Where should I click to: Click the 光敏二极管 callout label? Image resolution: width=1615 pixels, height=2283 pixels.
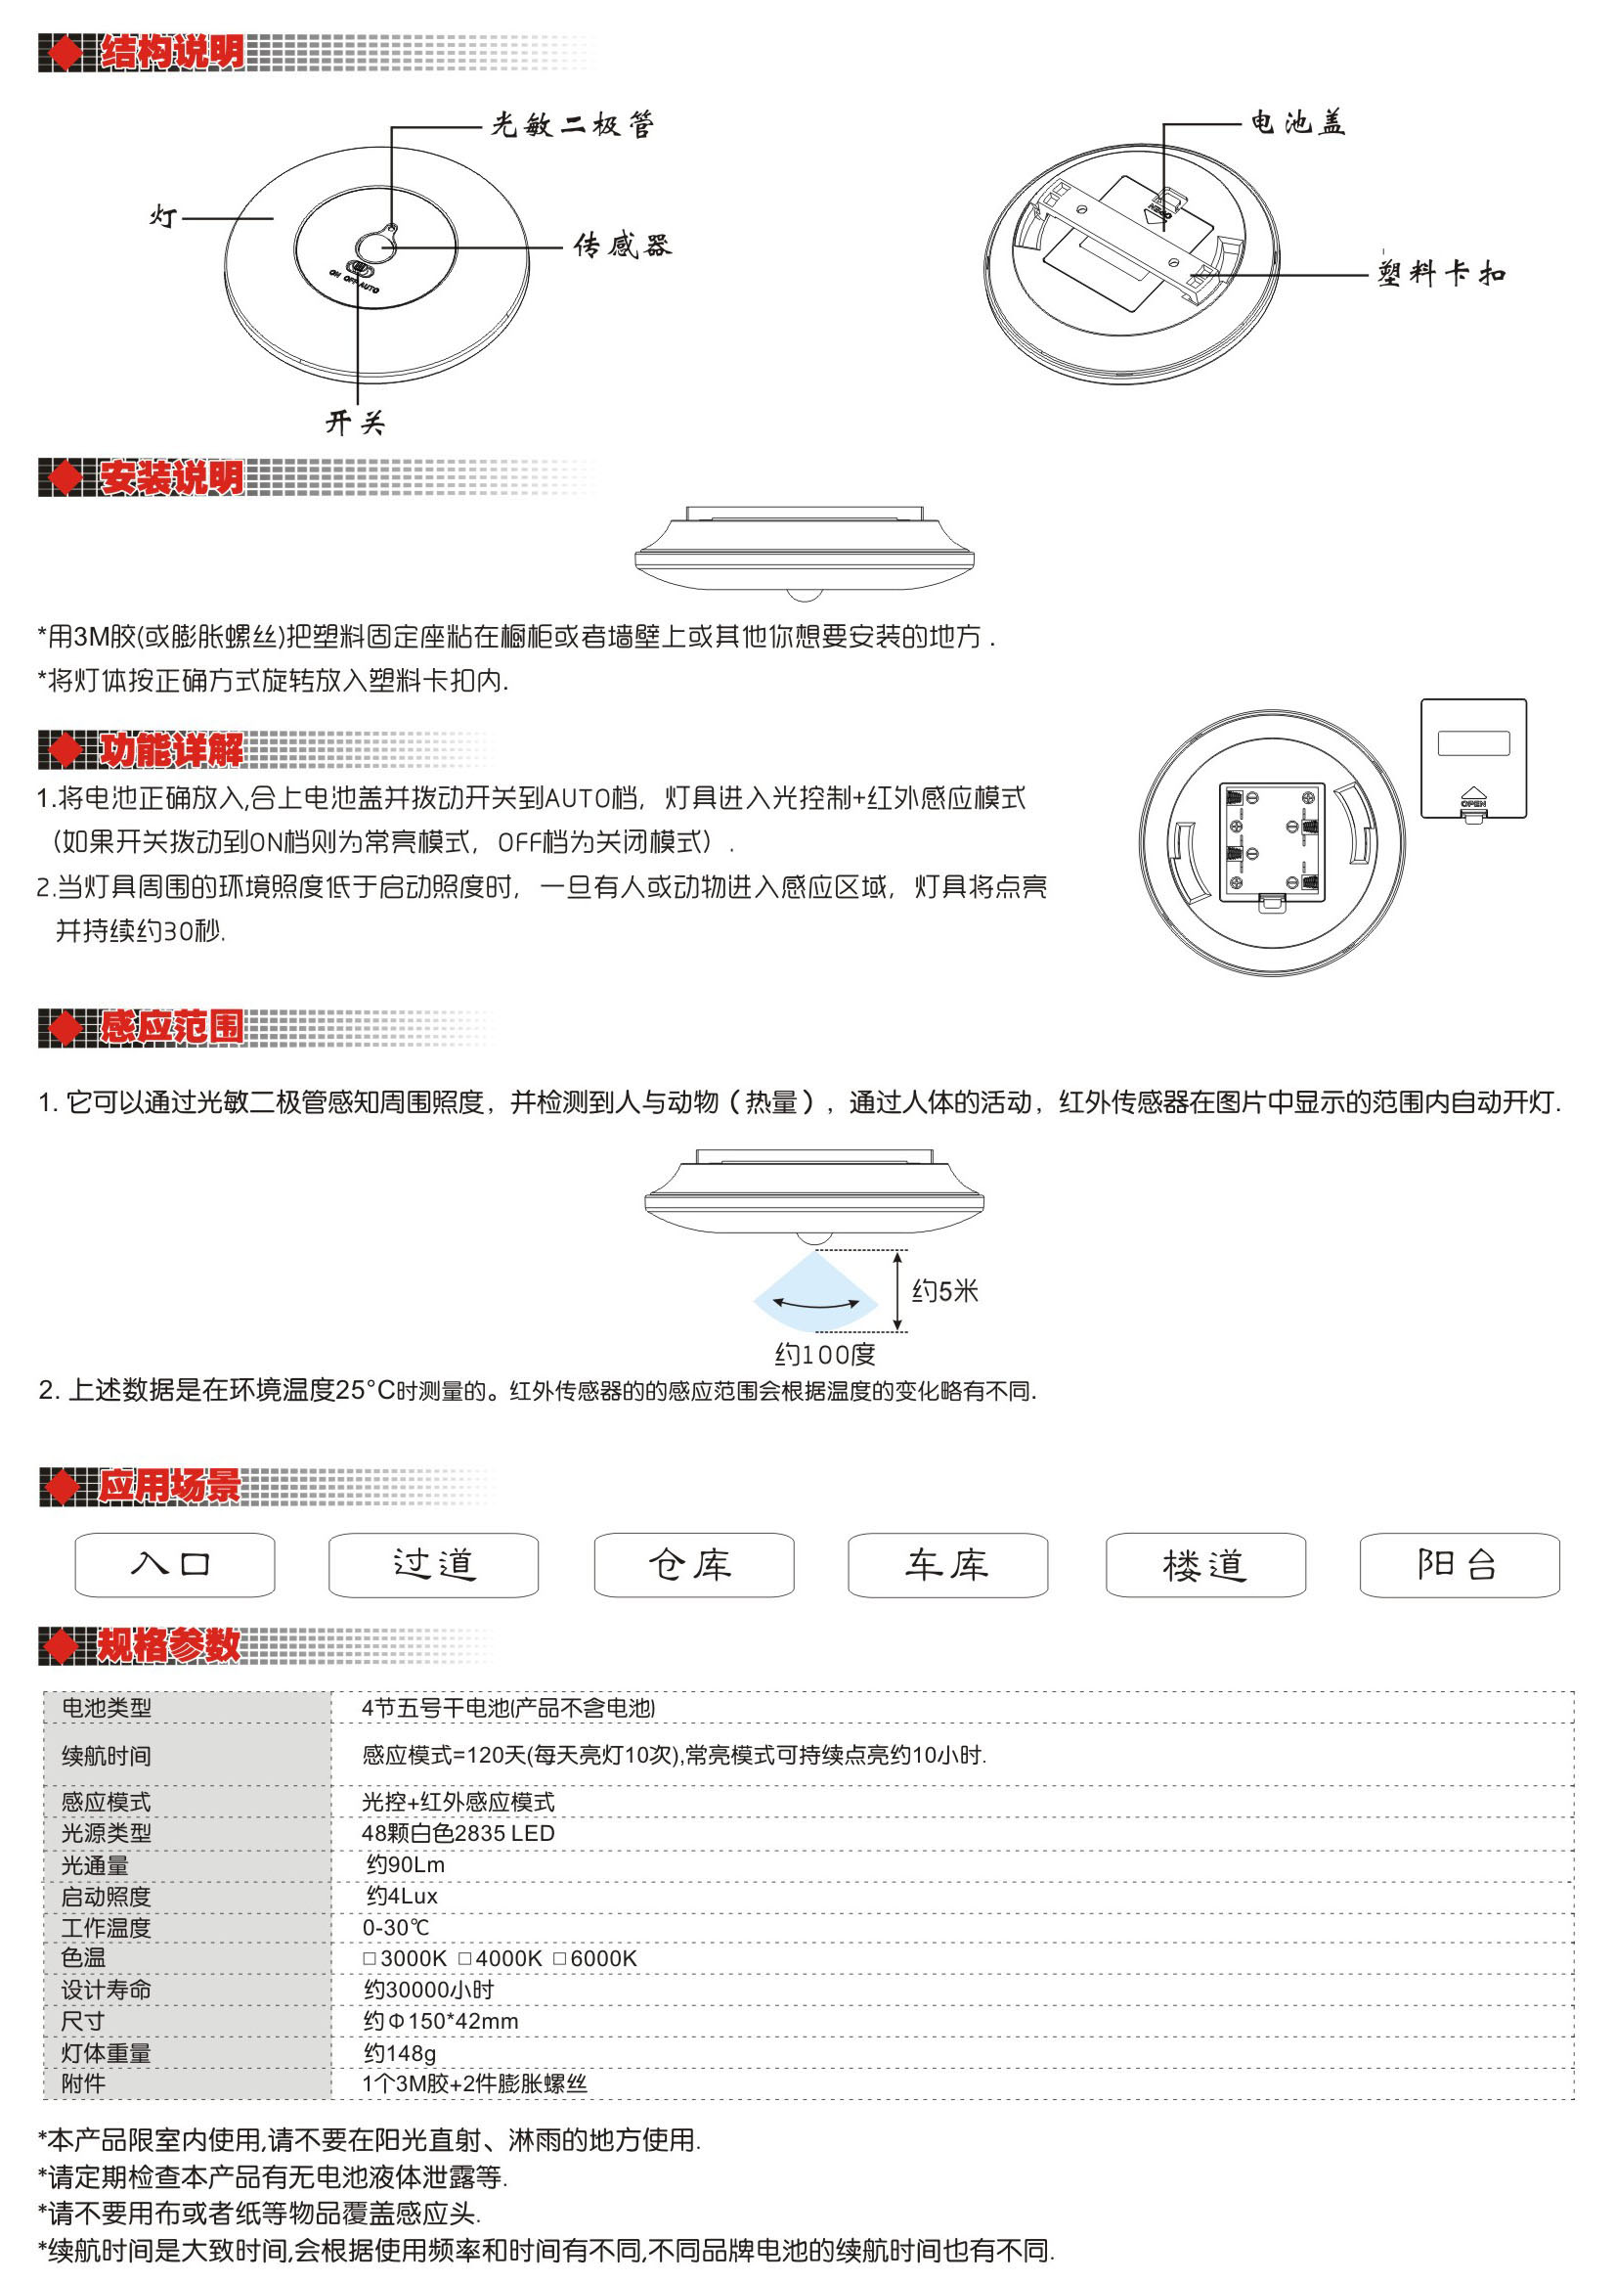click(x=573, y=125)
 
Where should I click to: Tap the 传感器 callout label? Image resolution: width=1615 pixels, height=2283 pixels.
click(x=622, y=246)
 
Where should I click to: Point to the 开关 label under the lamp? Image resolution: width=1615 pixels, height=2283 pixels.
click(x=355, y=423)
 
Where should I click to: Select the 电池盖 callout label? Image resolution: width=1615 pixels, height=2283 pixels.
click(x=1298, y=123)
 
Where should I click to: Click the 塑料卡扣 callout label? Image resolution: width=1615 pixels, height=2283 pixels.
click(x=1441, y=274)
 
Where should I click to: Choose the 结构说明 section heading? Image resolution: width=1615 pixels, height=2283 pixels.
click(x=171, y=53)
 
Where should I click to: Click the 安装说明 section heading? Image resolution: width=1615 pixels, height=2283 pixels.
click(x=171, y=478)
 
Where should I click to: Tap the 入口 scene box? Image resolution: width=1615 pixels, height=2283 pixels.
click(x=174, y=1565)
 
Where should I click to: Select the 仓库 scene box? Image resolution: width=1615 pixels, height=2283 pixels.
click(x=693, y=1565)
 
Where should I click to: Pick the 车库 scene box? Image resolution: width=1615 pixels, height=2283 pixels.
click(x=946, y=1565)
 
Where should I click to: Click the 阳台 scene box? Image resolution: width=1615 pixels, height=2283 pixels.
click(x=1458, y=1565)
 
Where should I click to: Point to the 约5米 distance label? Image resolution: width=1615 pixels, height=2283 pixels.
click(x=944, y=1291)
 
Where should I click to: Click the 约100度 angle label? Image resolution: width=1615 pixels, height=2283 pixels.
click(x=824, y=1354)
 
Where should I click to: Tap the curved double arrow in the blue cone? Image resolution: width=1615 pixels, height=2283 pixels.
click(x=816, y=1302)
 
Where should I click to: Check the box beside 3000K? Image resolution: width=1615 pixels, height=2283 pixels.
click(x=370, y=1957)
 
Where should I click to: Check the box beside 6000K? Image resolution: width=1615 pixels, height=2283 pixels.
click(x=559, y=1957)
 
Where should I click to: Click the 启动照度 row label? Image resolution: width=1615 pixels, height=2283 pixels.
click(x=107, y=1896)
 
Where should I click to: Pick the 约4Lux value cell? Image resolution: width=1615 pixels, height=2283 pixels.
click(x=402, y=1896)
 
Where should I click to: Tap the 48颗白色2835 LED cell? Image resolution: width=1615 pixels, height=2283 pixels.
click(x=458, y=1833)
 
